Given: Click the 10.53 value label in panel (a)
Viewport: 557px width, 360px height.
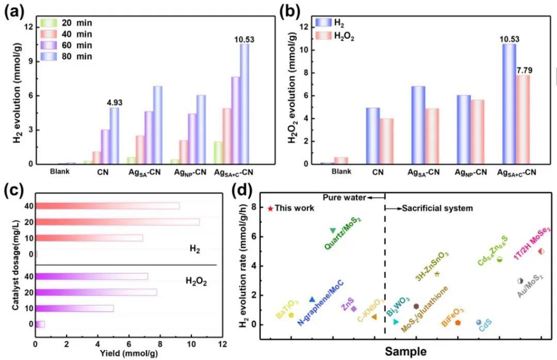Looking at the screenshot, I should [x=244, y=39].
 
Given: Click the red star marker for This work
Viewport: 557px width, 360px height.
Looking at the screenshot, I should [x=270, y=208].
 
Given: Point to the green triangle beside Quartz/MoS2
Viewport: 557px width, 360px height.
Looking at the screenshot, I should [x=333, y=230].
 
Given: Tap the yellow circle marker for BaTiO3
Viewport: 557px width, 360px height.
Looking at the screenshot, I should [x=291, y=315].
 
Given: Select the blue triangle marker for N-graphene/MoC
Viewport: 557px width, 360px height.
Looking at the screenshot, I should [x=312, y=300].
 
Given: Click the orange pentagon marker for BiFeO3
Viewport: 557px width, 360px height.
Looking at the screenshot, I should [x=457, y=322].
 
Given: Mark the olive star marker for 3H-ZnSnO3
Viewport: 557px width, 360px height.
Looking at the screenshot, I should [x=437, y=274].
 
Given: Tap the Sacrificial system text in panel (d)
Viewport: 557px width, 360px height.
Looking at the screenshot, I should [x=437, y=208].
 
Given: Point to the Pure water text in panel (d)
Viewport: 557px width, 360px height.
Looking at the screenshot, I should [x=345, y=198].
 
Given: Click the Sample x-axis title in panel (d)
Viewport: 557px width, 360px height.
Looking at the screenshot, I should [x=405, y=352].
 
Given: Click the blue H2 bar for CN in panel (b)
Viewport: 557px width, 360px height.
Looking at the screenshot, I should [x=372, y=136].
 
